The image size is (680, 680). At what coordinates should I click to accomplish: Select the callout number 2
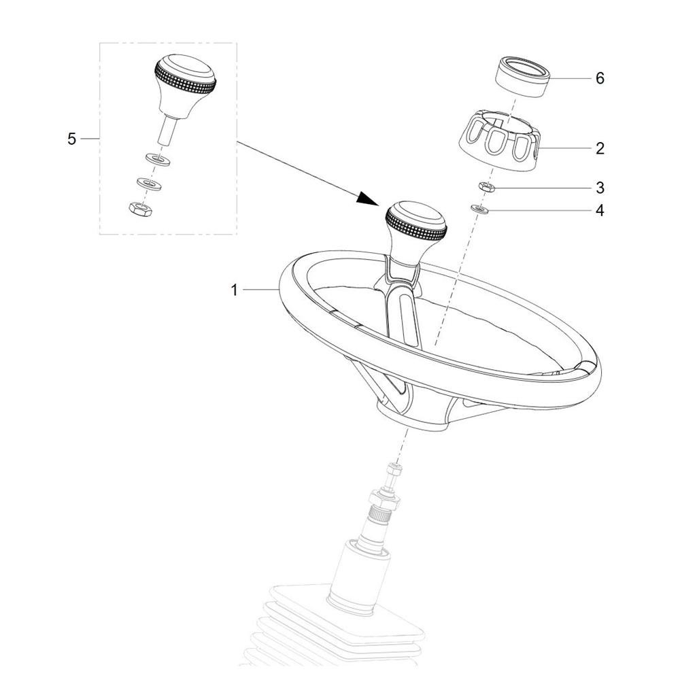pos(600,148)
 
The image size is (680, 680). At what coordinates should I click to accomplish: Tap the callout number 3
pos(600,188)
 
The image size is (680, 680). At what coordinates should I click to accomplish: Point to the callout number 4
pos(600,210)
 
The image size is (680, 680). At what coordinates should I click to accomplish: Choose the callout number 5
pos(71,139)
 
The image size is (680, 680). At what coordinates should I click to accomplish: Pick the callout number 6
pos(600,78)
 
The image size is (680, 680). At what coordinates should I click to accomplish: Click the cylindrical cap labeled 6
pos(523,76)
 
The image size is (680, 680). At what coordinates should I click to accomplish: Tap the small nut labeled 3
pos(487,187)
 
